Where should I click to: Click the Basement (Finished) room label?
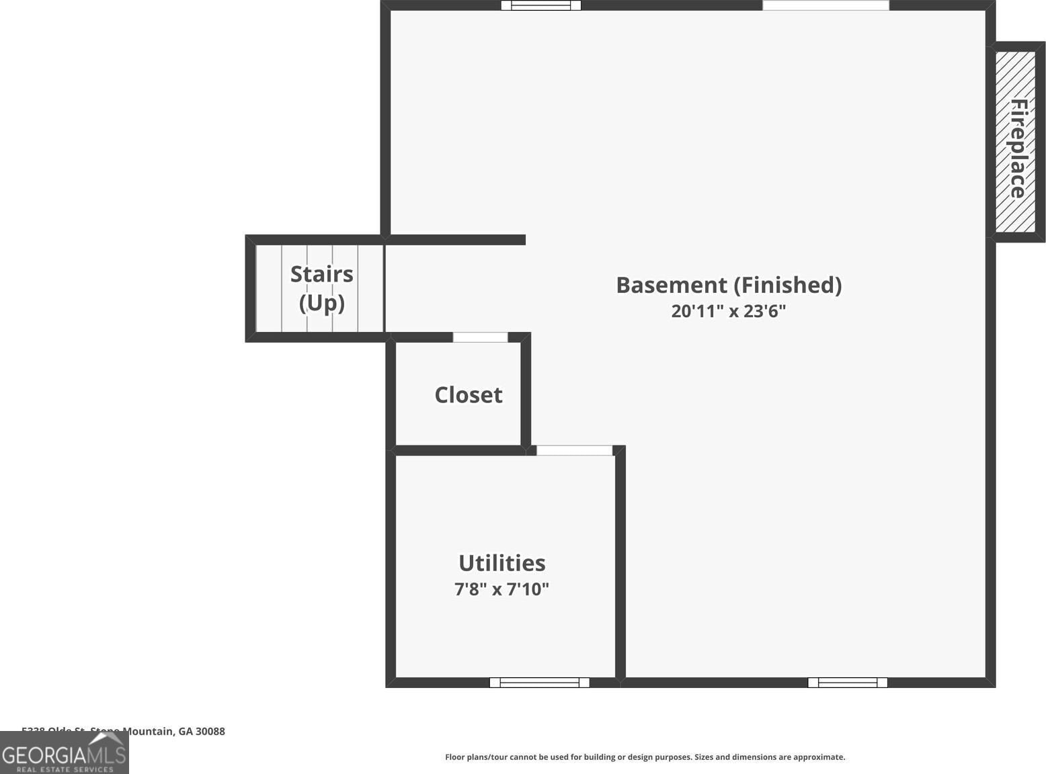tap(729, 286)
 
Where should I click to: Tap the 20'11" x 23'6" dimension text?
tap(729, 311)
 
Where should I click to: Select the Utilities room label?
tap(501, 563)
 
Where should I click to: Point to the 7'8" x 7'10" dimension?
tap(501, 589)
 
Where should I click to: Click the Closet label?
tap(469, 395)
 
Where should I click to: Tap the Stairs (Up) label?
tap(321, 288)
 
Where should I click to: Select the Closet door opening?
tap(480, 337)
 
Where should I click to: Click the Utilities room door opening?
tap(574, 450)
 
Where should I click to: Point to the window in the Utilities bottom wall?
tap(539, 683)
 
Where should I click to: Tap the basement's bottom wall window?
tap(847, 683)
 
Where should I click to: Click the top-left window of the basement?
tap(540, 5)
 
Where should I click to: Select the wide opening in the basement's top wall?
tap(826, 5)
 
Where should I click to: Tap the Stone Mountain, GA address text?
tap(134, 731)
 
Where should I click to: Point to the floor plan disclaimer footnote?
tap(645, 757)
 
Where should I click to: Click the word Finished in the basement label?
tap(787, 286)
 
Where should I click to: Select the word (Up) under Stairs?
tap(321, 303)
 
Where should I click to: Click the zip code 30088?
tap(210, 731)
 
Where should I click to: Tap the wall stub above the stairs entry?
tap(457, 240)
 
